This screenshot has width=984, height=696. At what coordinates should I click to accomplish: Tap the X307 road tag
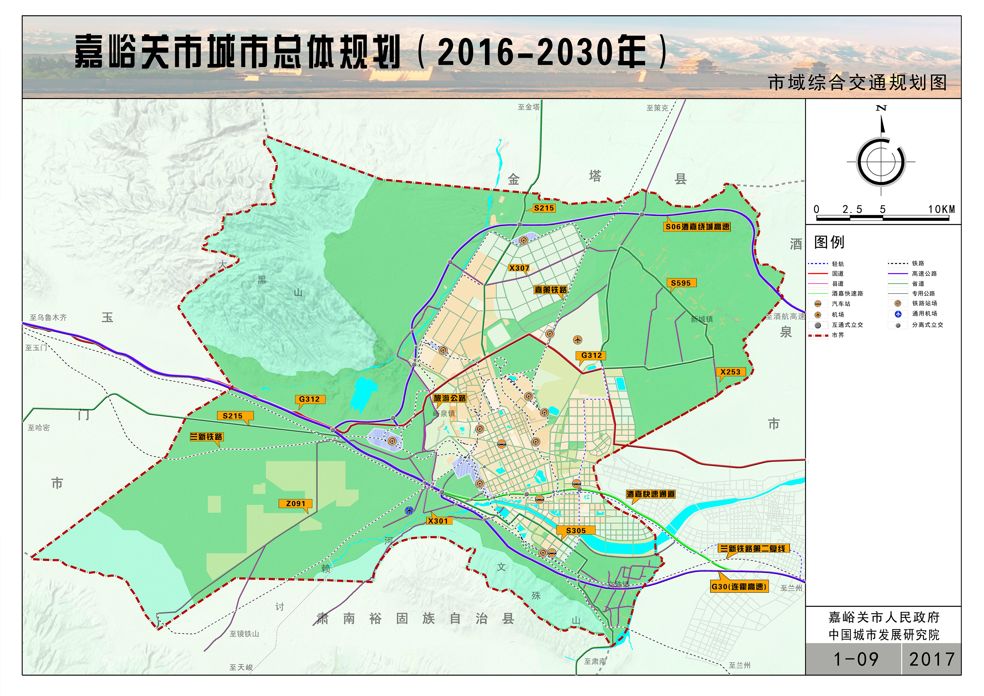point(519,268)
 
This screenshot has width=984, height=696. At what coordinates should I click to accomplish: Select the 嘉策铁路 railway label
point(550,290)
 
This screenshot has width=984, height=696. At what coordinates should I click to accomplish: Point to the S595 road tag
point(681,283)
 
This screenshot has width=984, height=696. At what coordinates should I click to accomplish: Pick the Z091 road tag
point(296,504)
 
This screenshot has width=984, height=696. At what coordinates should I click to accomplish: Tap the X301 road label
point(438,521)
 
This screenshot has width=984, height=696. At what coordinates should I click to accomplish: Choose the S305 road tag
point(576,531)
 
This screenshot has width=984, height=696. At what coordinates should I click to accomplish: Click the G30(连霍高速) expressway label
point(739,587)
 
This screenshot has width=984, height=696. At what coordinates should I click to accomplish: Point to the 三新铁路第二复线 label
point(753,549)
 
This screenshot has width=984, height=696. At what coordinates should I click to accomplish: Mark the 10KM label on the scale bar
point(941,209)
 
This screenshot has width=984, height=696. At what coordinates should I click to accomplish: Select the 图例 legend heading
point(829,242)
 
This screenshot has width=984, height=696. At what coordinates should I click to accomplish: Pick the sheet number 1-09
point(855,659)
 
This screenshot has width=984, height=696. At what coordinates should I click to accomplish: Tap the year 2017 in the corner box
point(932,659)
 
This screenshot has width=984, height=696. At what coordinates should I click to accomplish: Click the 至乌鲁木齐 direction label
point(48,318)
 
